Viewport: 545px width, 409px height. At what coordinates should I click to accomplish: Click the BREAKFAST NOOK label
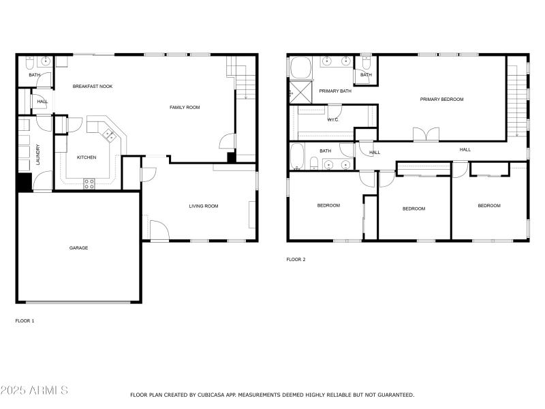tap(93, 87)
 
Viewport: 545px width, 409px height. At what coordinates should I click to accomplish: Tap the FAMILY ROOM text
tap(185, 107)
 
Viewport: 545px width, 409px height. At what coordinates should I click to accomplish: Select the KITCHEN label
tap(87, 157)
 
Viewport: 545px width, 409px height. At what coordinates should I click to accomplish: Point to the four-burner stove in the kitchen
tap(89, 182)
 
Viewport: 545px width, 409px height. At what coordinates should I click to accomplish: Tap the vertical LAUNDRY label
tap(38, 154)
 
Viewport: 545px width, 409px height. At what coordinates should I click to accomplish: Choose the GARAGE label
tap(78, 247)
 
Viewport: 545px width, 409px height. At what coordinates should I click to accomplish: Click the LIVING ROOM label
tap(203, 206)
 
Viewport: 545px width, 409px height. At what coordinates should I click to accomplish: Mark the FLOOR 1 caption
tap(25, 320)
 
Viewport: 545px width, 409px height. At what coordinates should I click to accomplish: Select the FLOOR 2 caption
tap(296, 260)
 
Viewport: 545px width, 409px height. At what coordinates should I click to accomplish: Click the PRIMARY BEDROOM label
tap(441, 100)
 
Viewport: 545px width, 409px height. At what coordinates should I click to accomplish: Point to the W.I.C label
tap(333, 120)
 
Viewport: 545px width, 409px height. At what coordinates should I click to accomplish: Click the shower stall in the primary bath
tap(300, 91)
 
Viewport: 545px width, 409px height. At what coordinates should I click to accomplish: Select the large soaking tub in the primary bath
tap(300, 68)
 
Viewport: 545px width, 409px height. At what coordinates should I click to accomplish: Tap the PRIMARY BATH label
tap(335, 91)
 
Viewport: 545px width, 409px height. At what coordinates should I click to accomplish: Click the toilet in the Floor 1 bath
tap(29, 63)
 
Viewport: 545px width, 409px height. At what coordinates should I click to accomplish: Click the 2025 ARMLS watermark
tap(34, 391)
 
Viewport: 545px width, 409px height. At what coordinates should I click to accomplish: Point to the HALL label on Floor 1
tap(42, 102)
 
